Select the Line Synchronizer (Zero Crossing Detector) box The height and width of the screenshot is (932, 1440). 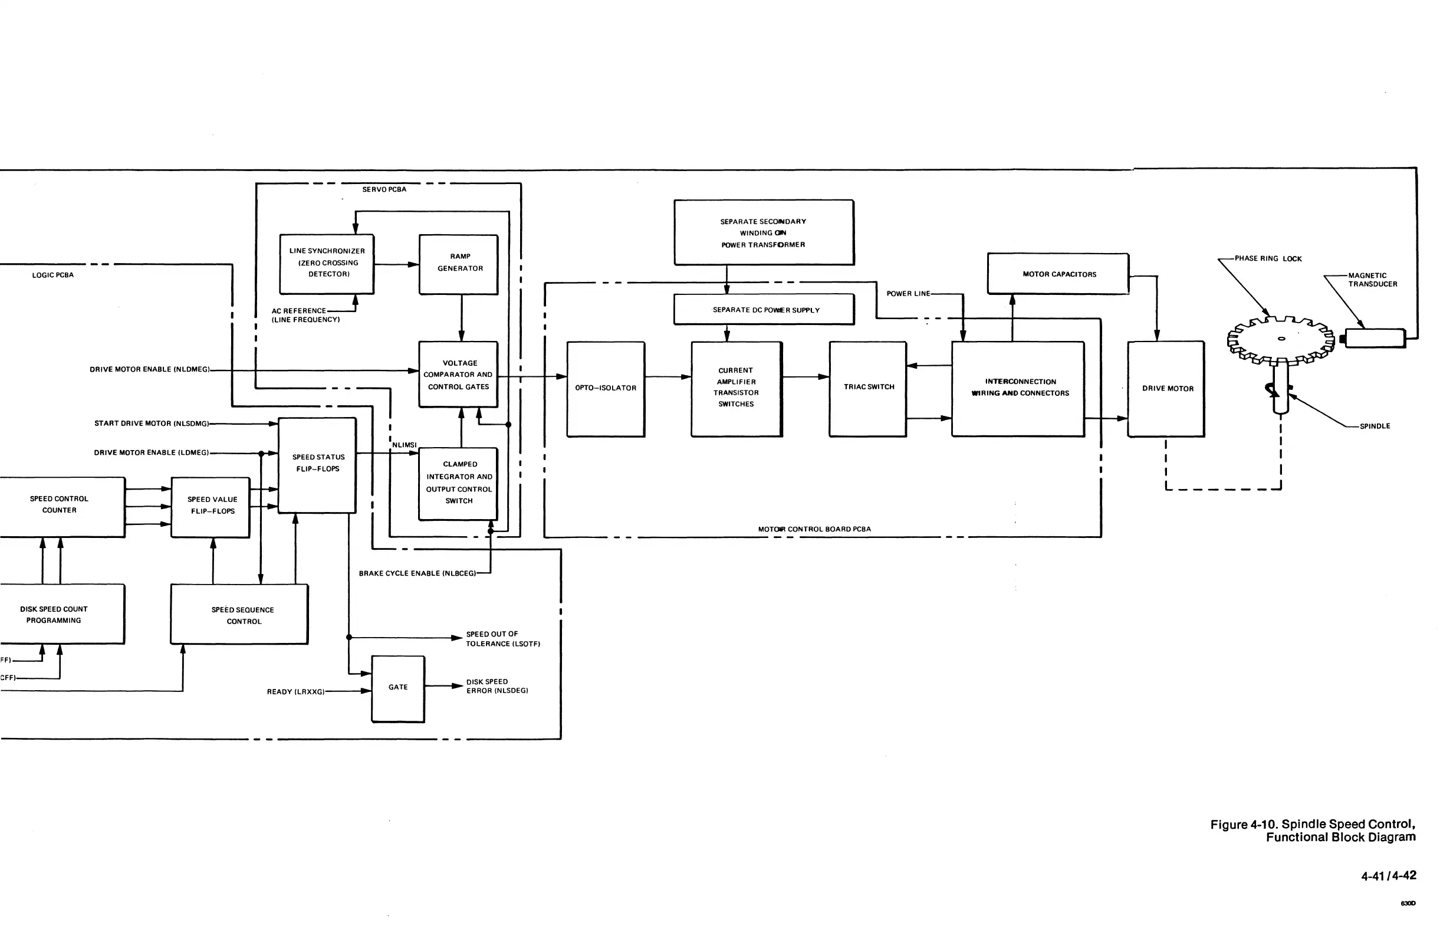coord(327,264)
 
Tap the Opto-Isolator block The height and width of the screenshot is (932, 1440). coord(606,389)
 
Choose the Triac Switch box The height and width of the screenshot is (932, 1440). coord(867,389)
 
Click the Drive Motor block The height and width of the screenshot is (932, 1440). coord(1166,389)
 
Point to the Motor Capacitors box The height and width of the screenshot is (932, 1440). coord(1058,274)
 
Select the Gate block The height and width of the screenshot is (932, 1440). coord(398,688)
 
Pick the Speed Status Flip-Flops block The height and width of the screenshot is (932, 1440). coord(317,464)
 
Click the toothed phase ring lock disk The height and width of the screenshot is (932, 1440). coord(1280,340)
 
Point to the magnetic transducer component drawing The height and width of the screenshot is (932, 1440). coord(1374,337)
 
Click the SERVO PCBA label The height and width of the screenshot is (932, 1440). coord(384,189)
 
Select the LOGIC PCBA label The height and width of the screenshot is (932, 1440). coord(52,275)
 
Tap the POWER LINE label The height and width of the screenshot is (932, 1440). coord(908,294)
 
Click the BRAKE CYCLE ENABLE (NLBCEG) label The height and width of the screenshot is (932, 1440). coord(417,573)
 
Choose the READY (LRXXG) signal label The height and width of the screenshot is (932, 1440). coord(296,692)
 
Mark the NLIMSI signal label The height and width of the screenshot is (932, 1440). coord(405,445)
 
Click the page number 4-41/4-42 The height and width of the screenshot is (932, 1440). coord(1389,876)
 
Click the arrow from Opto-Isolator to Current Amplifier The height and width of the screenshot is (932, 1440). coord(668,377)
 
